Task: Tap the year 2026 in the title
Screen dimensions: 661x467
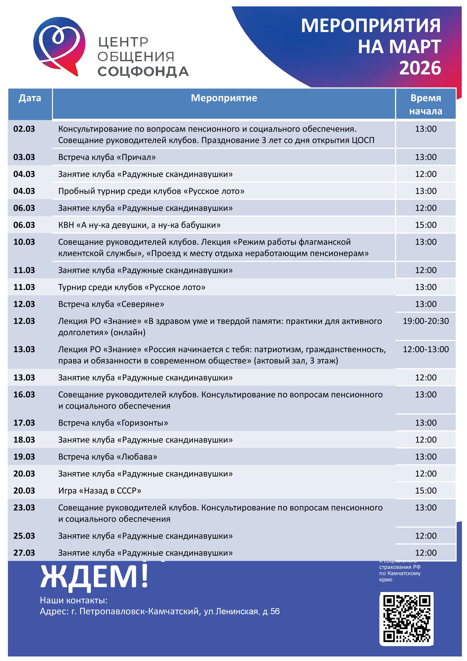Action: point(420,68)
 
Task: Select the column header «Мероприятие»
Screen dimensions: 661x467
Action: point(224,98)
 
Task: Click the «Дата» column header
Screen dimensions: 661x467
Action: point(30,98)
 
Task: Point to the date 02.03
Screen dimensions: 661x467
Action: point(24,129)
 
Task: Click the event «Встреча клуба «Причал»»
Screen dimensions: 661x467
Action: point(107,157)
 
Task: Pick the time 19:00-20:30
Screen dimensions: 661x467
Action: point(426,321)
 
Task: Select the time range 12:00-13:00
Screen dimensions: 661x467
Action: point(426,349)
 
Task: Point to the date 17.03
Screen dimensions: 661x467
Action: point(24,423)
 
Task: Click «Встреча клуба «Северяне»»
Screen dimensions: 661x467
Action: point(111,304)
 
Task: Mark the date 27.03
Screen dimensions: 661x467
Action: point(24,553)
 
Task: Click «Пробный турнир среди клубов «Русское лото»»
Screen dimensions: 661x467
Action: point(151,191)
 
